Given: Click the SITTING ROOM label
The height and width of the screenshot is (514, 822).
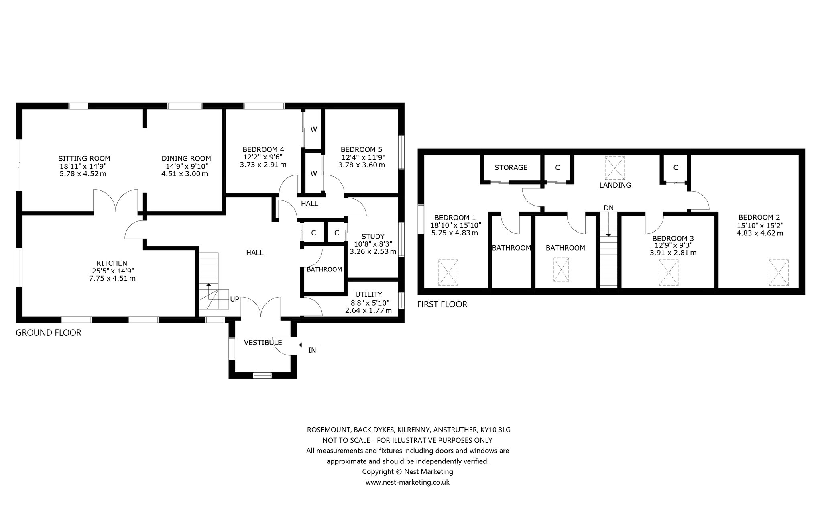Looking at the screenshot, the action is (x=84, y=159).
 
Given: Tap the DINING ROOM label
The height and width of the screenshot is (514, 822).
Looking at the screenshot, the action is (x=186, y=159).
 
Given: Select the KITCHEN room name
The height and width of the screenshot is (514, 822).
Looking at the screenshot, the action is (x=112, y=263).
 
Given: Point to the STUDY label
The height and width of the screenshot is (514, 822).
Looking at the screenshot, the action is (x=373, y=237).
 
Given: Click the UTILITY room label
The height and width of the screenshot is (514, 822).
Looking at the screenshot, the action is (x=368, y=294).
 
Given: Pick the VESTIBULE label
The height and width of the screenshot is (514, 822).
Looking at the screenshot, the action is (x=263, y=343).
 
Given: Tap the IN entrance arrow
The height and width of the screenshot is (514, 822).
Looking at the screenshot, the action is (x=309, y=345).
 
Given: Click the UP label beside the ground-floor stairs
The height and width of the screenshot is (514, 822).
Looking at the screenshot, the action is (x=235, y=299).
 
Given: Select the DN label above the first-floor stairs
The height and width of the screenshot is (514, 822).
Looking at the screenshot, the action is (x=608, y=208).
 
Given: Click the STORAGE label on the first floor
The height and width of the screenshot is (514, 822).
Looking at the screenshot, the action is (x=511, y=167).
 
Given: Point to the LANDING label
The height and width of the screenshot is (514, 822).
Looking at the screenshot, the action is (x=615, y=185).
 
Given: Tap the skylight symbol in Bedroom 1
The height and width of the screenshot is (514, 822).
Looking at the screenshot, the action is (x=448, y=273).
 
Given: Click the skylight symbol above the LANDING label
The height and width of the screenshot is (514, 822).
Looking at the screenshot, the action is (x=615, y=168).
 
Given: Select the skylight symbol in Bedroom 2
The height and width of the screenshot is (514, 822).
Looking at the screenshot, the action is (x=779, y=273).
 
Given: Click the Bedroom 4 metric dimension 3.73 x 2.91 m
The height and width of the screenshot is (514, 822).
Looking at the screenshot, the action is (x=263, y=165).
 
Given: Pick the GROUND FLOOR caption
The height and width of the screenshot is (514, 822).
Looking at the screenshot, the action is (x=49, y=332).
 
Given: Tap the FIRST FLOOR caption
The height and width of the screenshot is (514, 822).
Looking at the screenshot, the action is (x=442, y=304).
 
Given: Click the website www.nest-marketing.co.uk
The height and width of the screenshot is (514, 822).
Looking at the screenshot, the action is (x=407, y=482).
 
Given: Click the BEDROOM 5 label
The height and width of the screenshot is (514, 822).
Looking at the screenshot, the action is (x=361, y=149).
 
